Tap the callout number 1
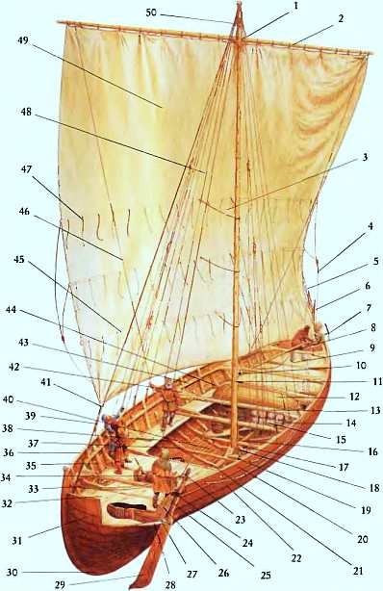(x=296, y=6)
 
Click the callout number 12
(x=354, y=395)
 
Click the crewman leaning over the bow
(x=306, y=336)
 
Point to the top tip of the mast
(x=237, y=6)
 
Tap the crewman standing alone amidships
(x=169, y=399)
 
